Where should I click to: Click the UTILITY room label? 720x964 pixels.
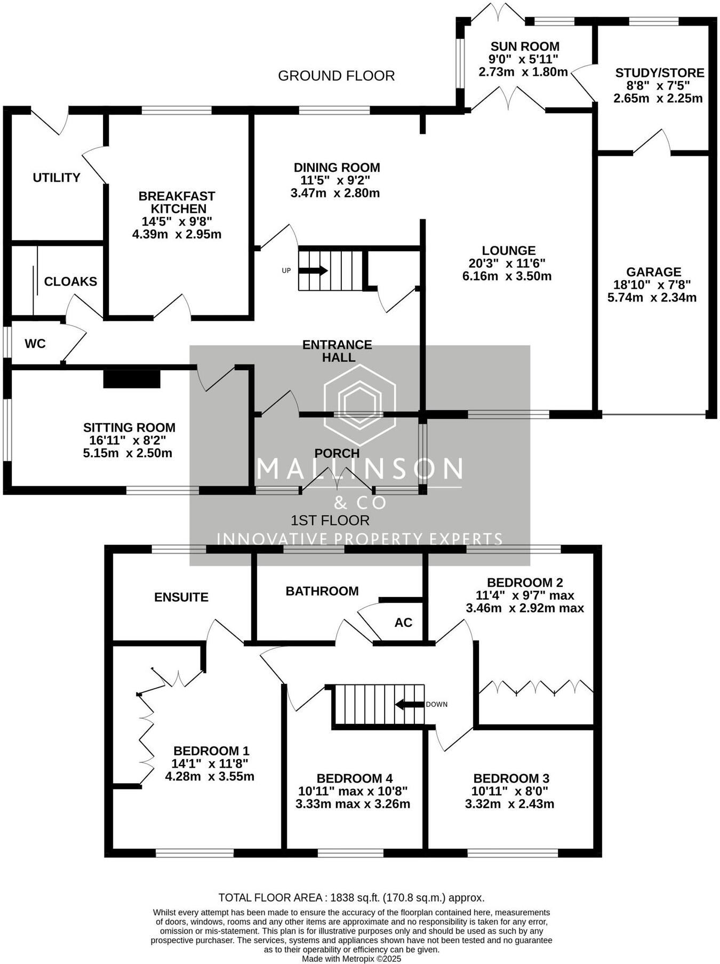[x=57, y=178]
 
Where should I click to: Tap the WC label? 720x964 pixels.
[x=35, y=344]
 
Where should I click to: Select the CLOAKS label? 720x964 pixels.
[x=70, y=282]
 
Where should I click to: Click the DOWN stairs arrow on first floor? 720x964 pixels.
[x=409, y=705]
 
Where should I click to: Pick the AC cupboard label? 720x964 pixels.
[x=403, y=623]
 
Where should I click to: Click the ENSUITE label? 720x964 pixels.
[x=181, y=597]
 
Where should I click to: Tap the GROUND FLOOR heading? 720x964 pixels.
[x=337, y=76]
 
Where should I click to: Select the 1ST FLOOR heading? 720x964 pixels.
[x=330, y=520]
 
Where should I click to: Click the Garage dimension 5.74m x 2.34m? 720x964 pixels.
[x=652, y=298]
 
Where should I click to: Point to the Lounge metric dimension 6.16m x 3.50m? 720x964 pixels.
[x=507, y=276]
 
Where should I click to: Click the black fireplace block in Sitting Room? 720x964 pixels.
[x=132, y=379]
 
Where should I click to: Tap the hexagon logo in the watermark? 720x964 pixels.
[x=360, y=404]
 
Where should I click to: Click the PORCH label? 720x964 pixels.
[x=337, y=453]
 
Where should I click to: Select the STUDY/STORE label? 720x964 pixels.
[x=660, y=73]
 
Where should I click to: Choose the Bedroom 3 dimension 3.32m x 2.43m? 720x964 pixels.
[x=509, y=804]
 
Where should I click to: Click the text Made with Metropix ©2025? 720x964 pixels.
[x=351, y=959]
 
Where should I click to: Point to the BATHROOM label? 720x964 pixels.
[x=322, y=591]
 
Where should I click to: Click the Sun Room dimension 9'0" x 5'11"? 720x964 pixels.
[x=523, y=59]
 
